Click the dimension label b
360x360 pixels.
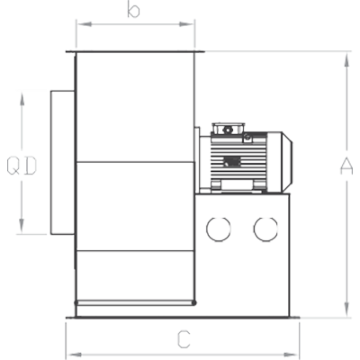133,10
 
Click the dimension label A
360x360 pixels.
346,166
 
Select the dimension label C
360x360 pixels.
184,339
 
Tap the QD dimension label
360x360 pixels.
22,166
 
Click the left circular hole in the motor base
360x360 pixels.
219,229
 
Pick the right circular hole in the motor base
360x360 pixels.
265,229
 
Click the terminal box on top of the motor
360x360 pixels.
228,129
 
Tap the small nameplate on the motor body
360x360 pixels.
232,162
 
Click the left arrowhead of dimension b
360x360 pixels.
84,24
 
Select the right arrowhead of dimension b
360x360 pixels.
186,24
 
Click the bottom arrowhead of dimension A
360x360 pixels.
346,310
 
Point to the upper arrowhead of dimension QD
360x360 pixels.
22,98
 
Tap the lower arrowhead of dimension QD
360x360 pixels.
22,226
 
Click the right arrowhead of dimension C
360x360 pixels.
292,355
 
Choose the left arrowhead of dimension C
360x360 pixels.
73,355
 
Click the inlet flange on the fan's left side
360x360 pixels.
62,162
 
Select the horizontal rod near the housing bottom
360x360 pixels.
135,303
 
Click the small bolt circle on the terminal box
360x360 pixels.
227,130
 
